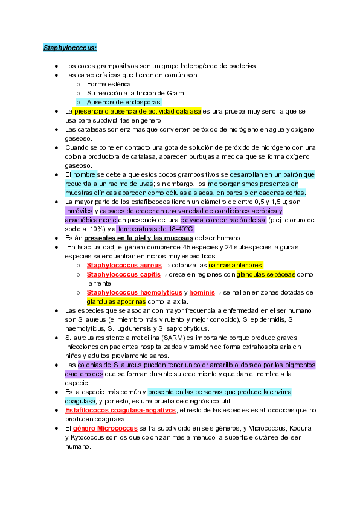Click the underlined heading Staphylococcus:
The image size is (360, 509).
pos(70,47)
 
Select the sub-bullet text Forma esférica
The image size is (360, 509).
pos(109,84)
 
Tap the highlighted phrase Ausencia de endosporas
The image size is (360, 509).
pos(124,102)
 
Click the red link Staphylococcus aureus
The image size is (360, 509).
pos(124,265)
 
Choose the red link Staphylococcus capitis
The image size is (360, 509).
pos(123,274)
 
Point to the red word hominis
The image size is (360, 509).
pos(201,292)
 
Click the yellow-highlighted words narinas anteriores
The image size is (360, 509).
pos(236,265)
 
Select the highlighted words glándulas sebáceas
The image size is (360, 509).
pos(266,274)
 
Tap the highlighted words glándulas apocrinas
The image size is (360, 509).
pos(116,301)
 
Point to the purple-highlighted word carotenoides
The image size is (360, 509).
pos(83,374)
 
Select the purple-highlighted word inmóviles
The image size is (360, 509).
pos(79,211)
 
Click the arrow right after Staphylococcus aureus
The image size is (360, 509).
pos(167,265)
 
